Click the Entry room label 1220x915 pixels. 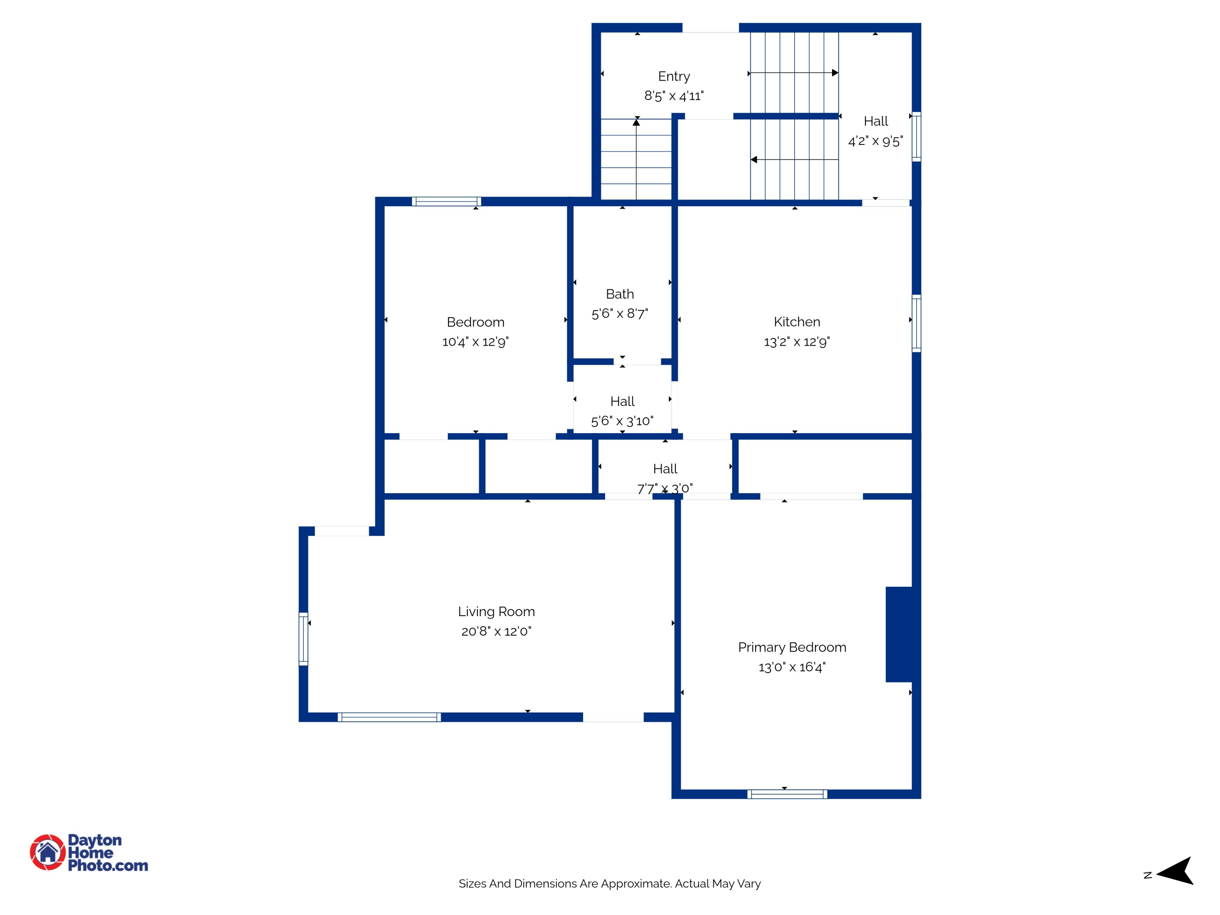(x=673, y=76)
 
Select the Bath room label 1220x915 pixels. (x=619, y=294)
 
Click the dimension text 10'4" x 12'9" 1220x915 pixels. (x=475, y=342)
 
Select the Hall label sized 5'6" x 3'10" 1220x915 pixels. (x=622, y=401)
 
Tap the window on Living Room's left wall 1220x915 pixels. (x=303, y=639)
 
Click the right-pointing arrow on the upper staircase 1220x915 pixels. (x=834, y=73)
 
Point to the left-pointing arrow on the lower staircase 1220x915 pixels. (x=754, y=160)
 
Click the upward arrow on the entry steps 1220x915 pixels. (x=636, y=123)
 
